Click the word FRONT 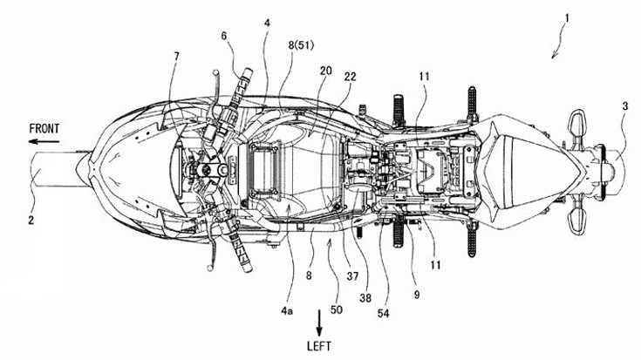[x=44, y=127]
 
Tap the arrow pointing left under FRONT [x=44, y=140]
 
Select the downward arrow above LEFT [x=319, y=324]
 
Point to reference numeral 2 [x=31, y=221]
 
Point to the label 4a [x=290, y=281]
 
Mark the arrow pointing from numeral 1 [x=555, y=44]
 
